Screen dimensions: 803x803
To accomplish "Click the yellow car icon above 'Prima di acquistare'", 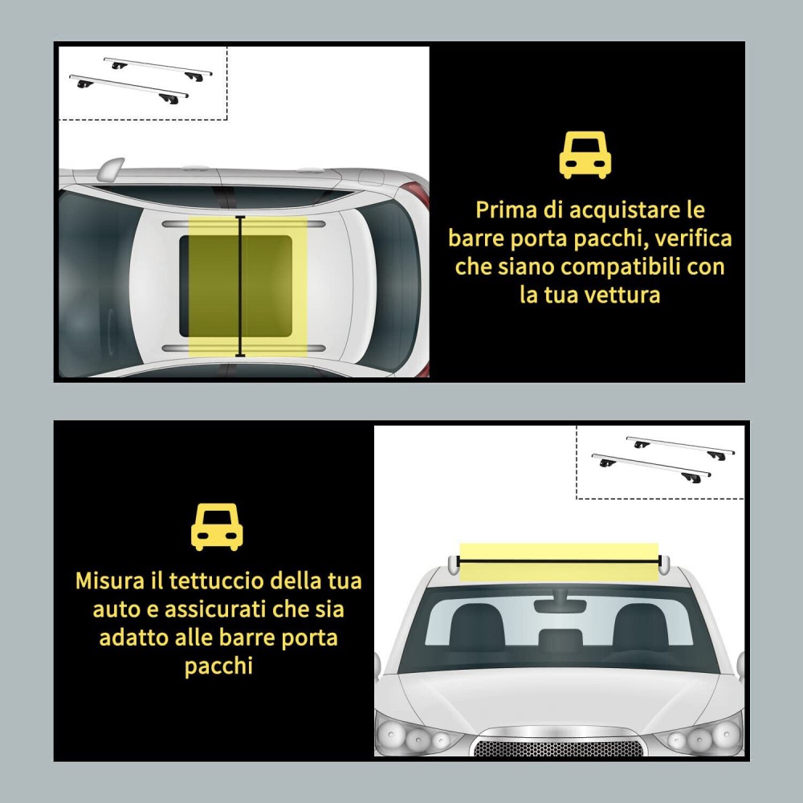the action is tap(585, 155).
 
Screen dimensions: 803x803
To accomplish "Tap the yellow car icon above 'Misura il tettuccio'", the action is tap(217, 527).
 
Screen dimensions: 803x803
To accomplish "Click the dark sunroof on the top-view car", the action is tap(235, 286).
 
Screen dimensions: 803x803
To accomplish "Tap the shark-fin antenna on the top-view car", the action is tap(109, 168).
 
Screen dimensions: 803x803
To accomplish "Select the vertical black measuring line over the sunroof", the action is tap(240, 286).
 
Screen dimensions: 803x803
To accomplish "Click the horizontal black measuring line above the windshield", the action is tap(559, 562).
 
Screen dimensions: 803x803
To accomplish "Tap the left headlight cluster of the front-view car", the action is tap(418, 736).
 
